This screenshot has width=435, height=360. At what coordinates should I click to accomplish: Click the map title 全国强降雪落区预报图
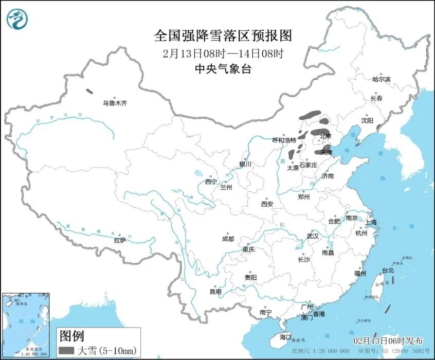[x=223, y=35]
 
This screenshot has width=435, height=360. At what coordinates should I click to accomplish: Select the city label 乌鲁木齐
[x=114, y=103]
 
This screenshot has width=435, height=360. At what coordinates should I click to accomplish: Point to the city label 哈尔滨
[x=381, y=79]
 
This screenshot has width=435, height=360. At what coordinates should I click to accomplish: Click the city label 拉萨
[x=120, y=240]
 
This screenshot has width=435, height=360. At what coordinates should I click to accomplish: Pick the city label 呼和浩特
[x=284, y=140]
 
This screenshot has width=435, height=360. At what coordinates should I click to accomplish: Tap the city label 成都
[x=227, y=239]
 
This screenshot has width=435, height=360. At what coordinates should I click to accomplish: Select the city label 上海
[x=371, y=222]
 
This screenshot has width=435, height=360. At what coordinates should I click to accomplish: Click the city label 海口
[x=285, y=337]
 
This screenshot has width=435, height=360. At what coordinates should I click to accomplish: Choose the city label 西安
[x=266, y=204]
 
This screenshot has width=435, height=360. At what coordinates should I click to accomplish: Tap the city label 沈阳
[x=367, y=120]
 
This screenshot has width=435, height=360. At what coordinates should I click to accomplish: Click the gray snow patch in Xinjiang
[x=89, y=92]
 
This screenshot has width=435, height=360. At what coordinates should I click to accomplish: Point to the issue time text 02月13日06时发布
[x=388, y=341]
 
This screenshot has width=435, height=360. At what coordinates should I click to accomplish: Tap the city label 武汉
[x=312, y=236]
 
